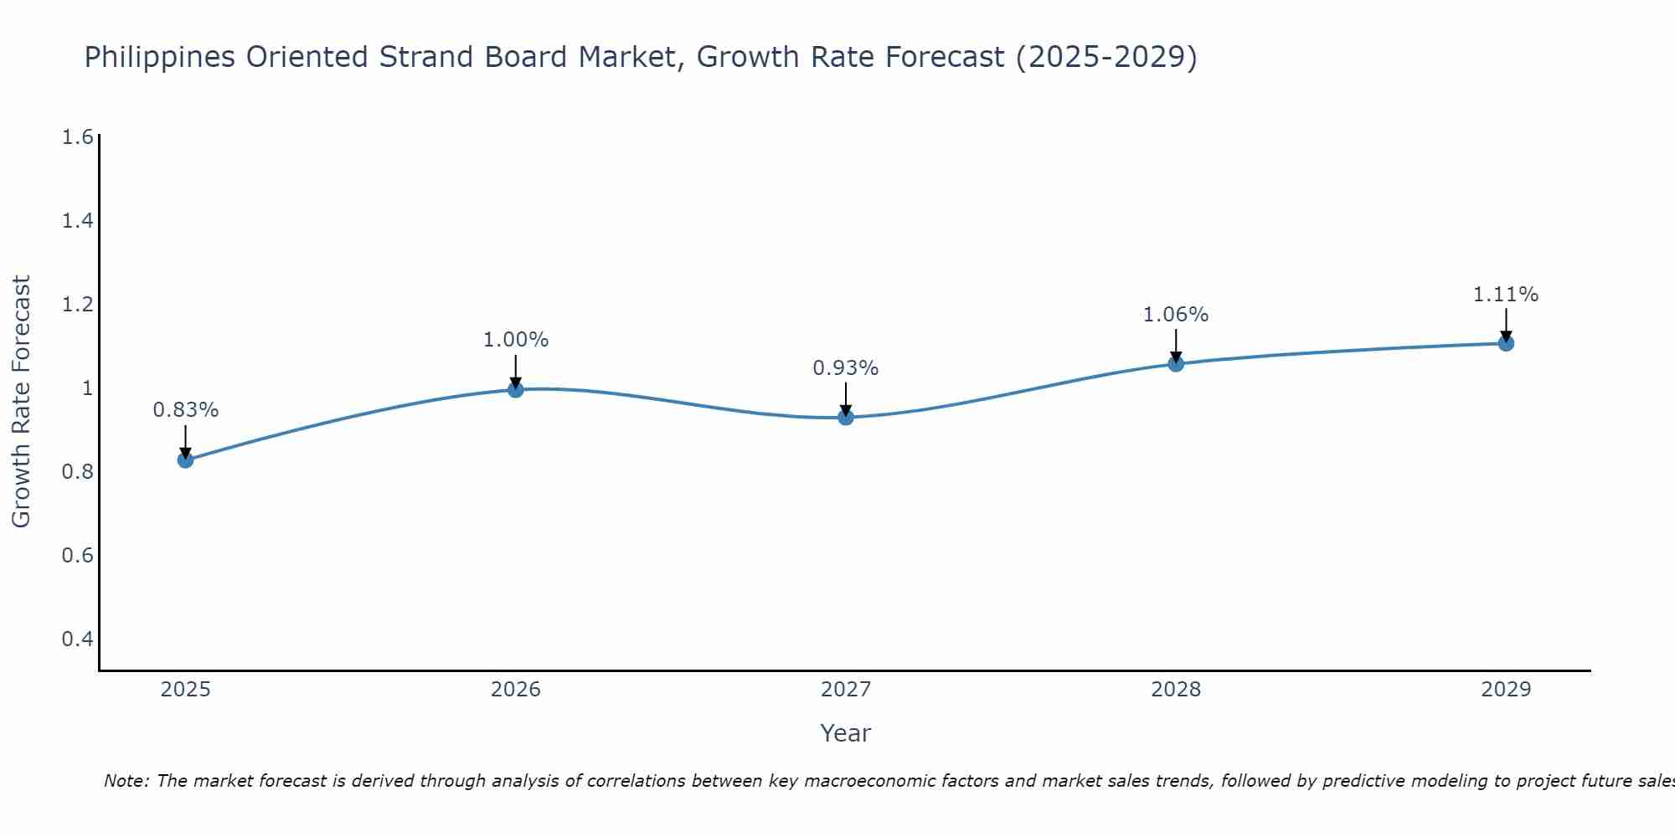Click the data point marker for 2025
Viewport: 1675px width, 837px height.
coord(185,460)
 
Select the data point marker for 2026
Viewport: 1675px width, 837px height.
coord(515,389)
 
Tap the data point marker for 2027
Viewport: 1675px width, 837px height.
coord(846,417)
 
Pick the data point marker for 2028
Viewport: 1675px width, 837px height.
coord(1176,363)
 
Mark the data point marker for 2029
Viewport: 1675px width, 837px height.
coord(1506,343)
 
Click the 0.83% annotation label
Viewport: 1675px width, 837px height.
coord(185,410)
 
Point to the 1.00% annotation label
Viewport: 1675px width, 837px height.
coord(515,340)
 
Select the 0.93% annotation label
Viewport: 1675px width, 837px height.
coord(846,368)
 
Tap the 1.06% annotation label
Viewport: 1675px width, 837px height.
coord(1176,315)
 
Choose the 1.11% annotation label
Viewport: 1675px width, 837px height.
coord(1506,295)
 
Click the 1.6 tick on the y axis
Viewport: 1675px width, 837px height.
coord(77,137)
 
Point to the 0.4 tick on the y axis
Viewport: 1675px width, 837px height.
coord(77,639)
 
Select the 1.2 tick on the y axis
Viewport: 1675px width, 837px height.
coord(77,305)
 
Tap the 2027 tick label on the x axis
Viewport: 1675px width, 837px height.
coord(846,690)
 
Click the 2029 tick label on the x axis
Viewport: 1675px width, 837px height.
coord(1506,690)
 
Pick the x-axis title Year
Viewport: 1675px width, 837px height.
coord(846,733)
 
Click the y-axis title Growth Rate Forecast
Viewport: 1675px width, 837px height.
coord(21,401)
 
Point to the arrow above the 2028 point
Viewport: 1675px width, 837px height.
coord(1176,345)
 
